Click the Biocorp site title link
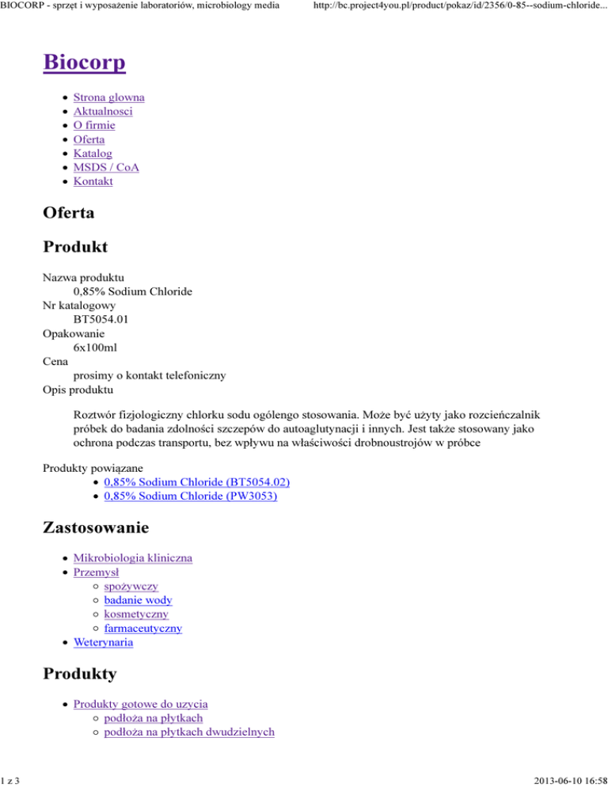pyautogui.click(x=85, y=62)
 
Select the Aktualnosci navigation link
pyautogui.click(x=103, y=112)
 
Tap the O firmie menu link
pyautogui.click(x=94, y=125)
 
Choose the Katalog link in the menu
pyautogui.click(x=93, y=154)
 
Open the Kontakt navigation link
pyautogui.click(x=93, y=181)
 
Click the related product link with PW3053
pyautogui.click(x=191, y=496)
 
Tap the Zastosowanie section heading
pyautogui.click(x=96, y=525)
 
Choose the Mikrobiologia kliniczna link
pyautogui.click(x=132, y=558)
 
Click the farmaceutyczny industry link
pyautogui.click(x=142, y=629)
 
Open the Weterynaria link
pyautogui.click(x=103, y=643)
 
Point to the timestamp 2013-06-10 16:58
pyautogui.click(x=558, y=778)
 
